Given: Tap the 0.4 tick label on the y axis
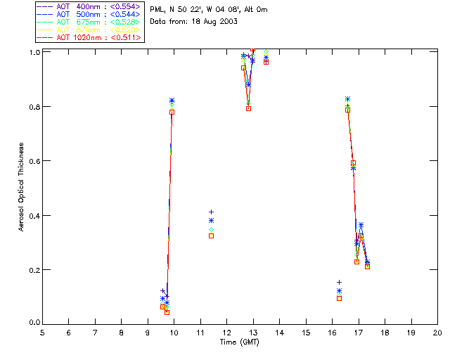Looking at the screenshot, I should coord(34,215).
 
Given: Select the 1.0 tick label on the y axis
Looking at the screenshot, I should coord(34,53).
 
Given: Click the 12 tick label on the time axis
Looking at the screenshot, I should coord(227,332).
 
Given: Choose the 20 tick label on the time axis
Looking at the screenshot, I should coord(437,332).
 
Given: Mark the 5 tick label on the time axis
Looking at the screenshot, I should coord(43,332).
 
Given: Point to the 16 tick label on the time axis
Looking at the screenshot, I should coord(332,332).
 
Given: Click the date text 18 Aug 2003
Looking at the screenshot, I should coord(218,22).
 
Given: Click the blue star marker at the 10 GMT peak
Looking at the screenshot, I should coord(172,101).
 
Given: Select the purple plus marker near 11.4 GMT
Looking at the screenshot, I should coord(211,212).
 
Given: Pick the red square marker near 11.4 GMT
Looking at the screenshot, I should coord(211,236).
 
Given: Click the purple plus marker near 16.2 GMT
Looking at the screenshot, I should coord(339,282).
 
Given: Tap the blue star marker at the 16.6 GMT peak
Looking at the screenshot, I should coord(347,99).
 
